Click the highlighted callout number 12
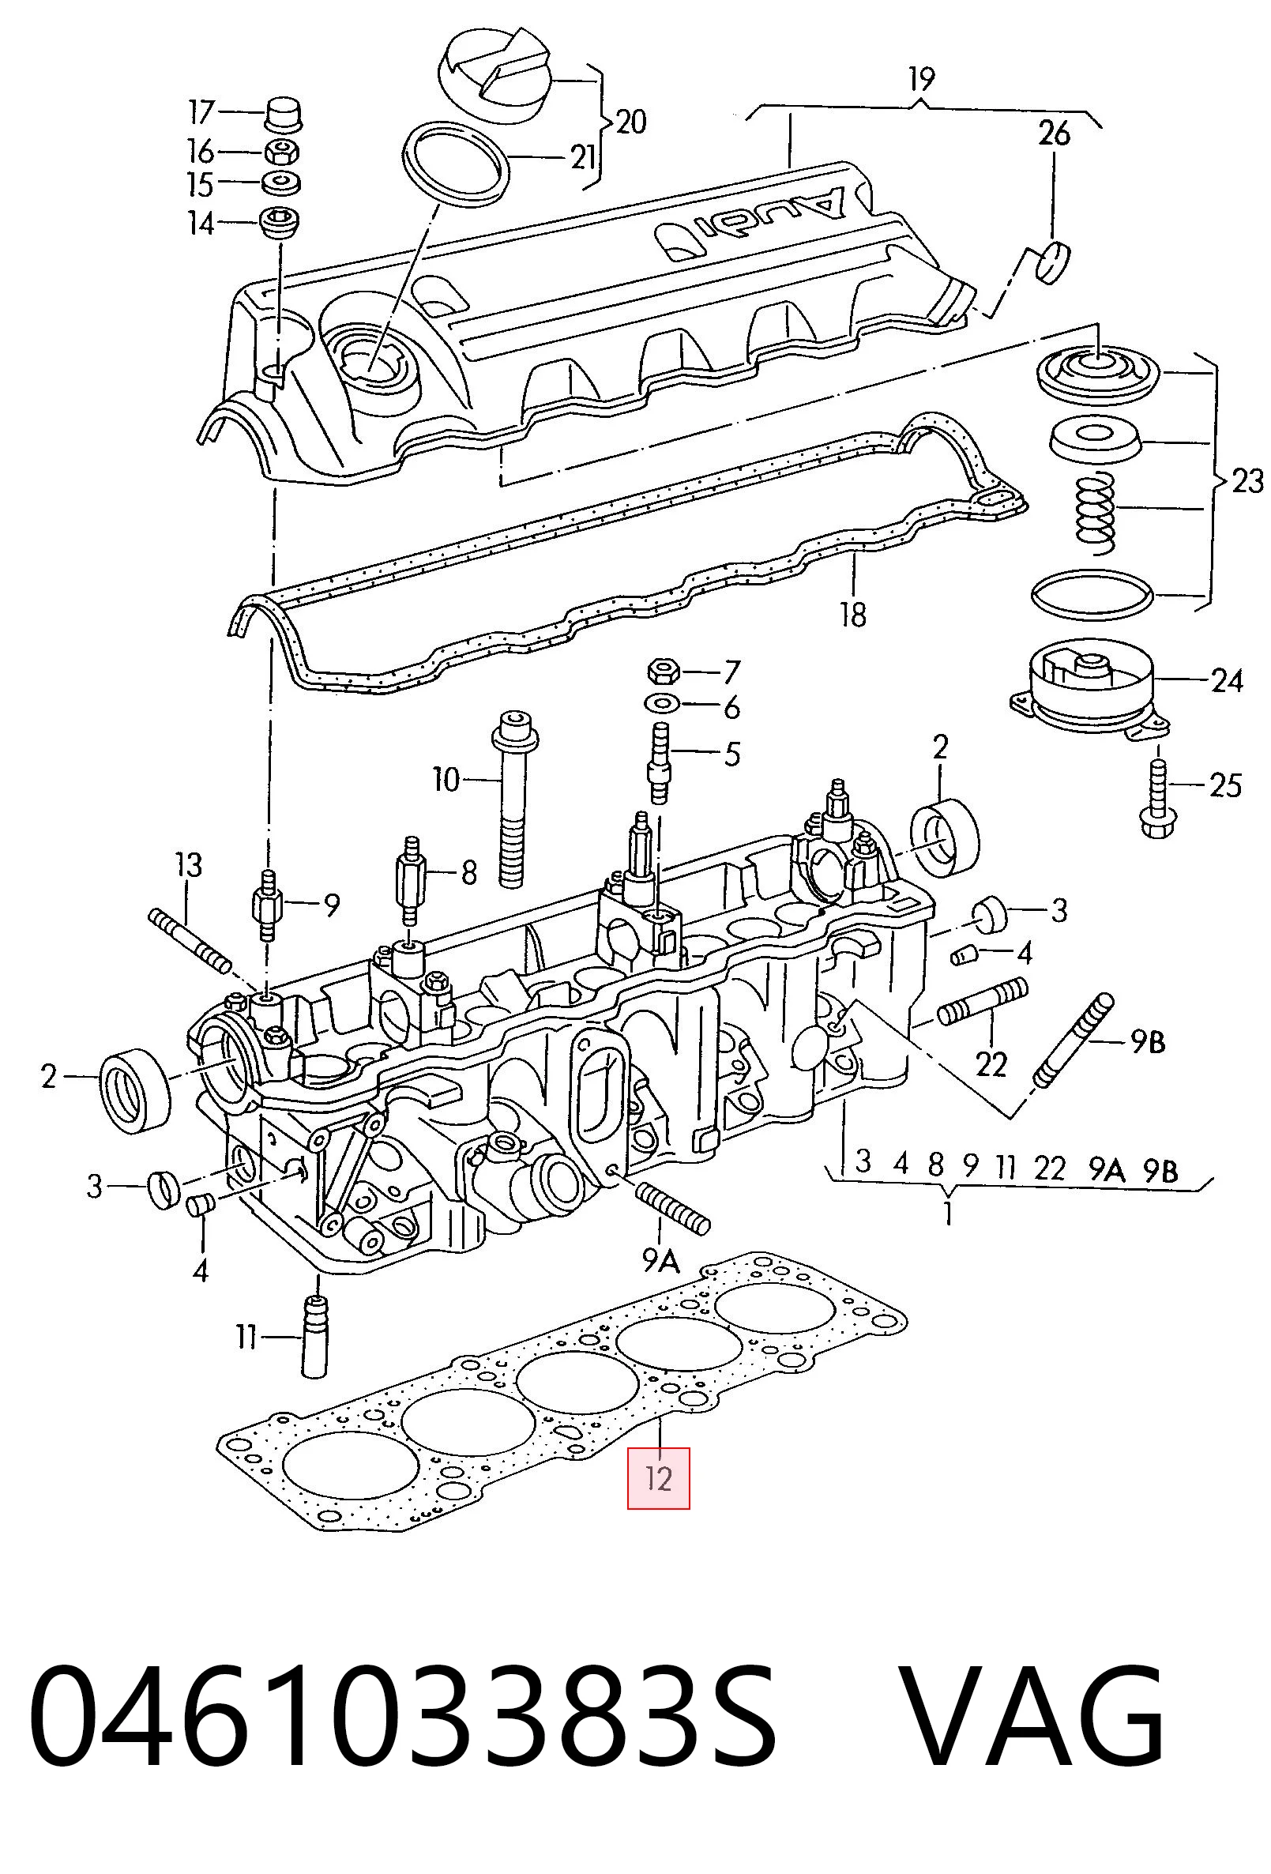pos(659,1478)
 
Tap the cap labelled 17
pos(283,114)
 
